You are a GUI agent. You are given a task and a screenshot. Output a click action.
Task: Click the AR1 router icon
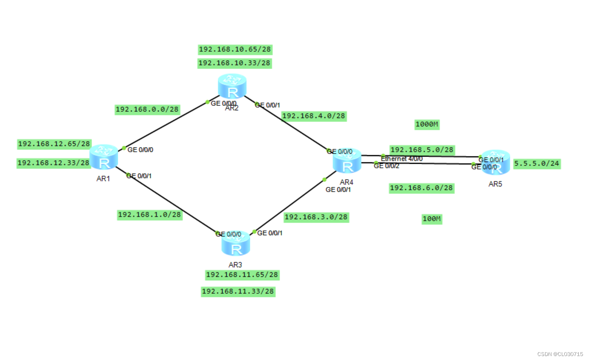tap(104, 157)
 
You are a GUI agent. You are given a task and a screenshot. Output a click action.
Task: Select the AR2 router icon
tap(232, 86)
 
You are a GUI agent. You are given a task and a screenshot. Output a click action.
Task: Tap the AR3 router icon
tap(236, 244)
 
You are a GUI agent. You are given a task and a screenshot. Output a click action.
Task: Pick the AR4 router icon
tap(347, 161)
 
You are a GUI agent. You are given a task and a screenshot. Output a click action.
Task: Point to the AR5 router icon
tap(496, 162)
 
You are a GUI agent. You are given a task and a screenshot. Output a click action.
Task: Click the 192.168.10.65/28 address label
tap(235, 50)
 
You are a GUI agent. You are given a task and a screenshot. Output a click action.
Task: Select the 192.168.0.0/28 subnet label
tap(147, 109)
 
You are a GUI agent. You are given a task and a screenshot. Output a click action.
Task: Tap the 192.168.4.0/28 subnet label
tap(314, 116)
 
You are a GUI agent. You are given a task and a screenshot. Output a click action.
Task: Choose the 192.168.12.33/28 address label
tap(54, 163)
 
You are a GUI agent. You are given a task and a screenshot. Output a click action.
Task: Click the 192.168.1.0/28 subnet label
tap(150, 215)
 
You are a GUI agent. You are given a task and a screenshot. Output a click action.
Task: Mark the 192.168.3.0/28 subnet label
tap(316, 217)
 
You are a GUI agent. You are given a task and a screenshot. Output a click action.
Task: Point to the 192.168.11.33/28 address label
tap(238, 292)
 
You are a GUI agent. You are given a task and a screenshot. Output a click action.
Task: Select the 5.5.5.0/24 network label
tap(537, 163)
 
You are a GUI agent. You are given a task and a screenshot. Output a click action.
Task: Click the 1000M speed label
tap(427, 124)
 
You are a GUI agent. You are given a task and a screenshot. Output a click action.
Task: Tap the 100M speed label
tap(432, 219)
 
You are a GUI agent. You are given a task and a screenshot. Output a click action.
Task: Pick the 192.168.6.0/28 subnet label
tap(421, 188)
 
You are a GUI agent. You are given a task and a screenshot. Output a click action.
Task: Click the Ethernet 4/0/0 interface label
tap(401, 159)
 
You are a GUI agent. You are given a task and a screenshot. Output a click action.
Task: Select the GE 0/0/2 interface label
tap(386, 166)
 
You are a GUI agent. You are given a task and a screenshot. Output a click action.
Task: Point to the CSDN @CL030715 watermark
tap(560, 354)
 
